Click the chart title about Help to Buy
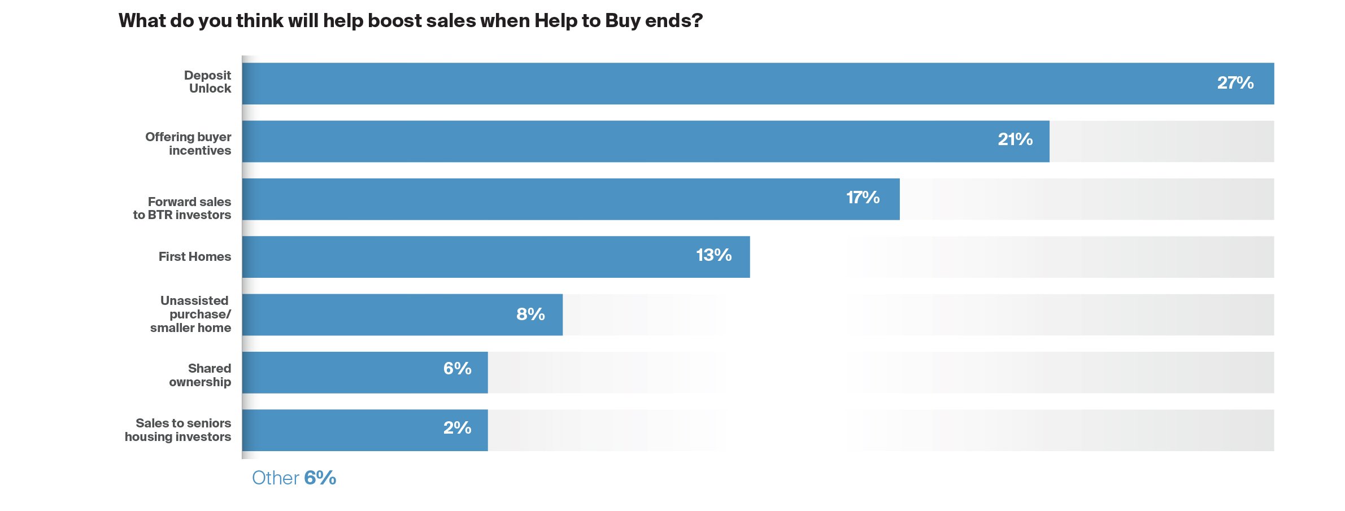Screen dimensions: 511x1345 (410, 21)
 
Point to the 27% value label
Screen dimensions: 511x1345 (1235, 83)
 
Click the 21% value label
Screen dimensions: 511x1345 (1015, 139)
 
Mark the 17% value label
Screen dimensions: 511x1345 (863, 198)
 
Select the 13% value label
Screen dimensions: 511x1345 (713, 255)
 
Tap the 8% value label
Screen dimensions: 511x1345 (530, 314)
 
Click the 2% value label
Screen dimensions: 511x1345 (457, 428)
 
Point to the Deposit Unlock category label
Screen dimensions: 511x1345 (207, 82)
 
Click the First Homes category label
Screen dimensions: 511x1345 (194, 257)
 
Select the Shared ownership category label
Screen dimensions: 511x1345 (200, 375)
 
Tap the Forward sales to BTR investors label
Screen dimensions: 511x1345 (182, 208)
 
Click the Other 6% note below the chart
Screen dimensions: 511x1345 (294, 478)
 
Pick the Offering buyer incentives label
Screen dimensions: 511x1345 (188, 143)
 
